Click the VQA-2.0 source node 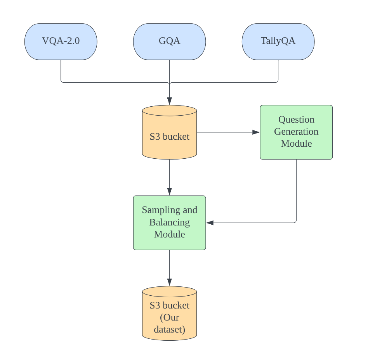[x=61, y=42]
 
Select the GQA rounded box [x=169, y=42]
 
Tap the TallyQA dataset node [x=278, y=42]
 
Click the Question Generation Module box [x=296, y=132]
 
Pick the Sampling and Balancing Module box [x=169, y=222]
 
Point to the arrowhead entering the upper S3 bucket [x=169, y=101]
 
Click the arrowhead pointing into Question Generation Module [x=256, y=132]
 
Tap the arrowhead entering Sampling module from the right [x=210, y=223]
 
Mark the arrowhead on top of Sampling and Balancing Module [x=169, y=191]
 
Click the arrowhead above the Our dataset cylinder [x=169, y=282]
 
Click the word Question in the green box [x=296, y=120]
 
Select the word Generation [x=296, y=132]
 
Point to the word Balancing [x=169, y=222]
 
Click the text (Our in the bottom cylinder [x=169, y=317]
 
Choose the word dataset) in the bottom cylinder [x=169, y=329]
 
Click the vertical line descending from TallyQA [x=278, y=71]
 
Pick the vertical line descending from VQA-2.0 [x=61, y=71]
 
